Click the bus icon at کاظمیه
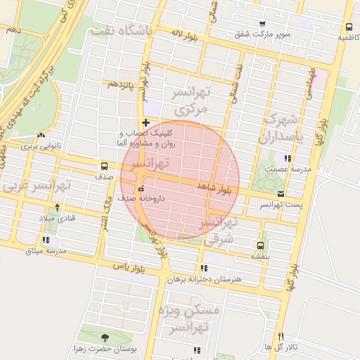pyautogui.click(x=349, y=27)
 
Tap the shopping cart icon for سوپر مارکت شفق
pyautogui.click(x=262, y=23)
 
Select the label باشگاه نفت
pyautogui.click(x=122, y=32)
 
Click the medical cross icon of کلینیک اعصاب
pyautogui.click(x=146, y=122)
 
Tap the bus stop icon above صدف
pyautogui.click(x=104, y=167)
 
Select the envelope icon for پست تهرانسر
pyautogui.click(x=281, y=193)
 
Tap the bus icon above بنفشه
pyautogui.click(x=260, y=246)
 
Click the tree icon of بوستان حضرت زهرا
pyautogui.click(x=105, y=337)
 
